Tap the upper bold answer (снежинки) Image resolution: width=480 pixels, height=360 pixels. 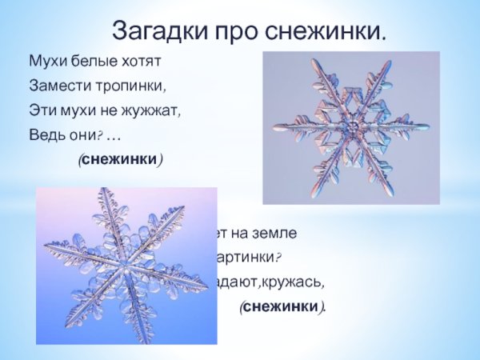tap(120, 159)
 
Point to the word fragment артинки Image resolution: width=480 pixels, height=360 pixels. tap(247, 258)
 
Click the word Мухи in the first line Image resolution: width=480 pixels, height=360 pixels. tap(45, 61)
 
